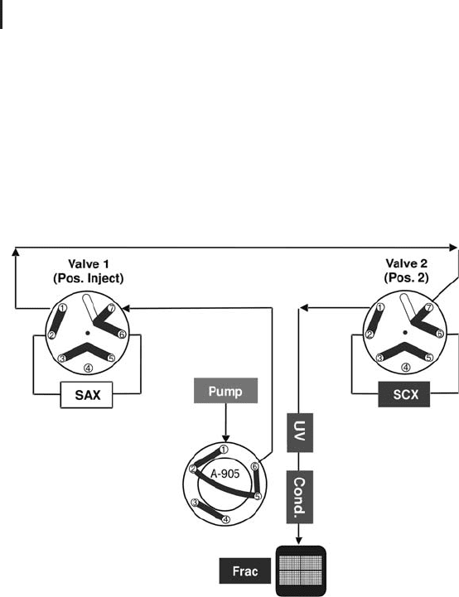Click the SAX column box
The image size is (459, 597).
pos(86,395)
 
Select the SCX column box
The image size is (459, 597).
pos(404,394)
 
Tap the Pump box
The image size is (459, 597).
pos(226,390)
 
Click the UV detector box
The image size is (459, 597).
pos(300,432)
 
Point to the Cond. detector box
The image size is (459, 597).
pos(300,497)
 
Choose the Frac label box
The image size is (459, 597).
pos(245,571)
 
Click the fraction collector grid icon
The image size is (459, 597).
pos(301,571)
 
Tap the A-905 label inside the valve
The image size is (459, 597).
pos(225,474)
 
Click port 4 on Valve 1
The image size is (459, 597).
pos(88,368)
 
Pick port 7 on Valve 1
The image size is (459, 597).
pos(112,308)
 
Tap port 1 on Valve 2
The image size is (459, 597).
pos(379,307)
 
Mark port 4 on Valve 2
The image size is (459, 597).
pos(406,368)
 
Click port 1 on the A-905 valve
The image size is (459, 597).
pos(225,450)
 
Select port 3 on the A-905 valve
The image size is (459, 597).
pos(195,503)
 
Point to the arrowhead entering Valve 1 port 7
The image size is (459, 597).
pos(126,308)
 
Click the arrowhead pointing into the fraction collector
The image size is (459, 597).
pos(299,541)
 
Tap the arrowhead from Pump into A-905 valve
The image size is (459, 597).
pos(226,438)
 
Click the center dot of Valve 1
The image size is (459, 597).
pos(88,333)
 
